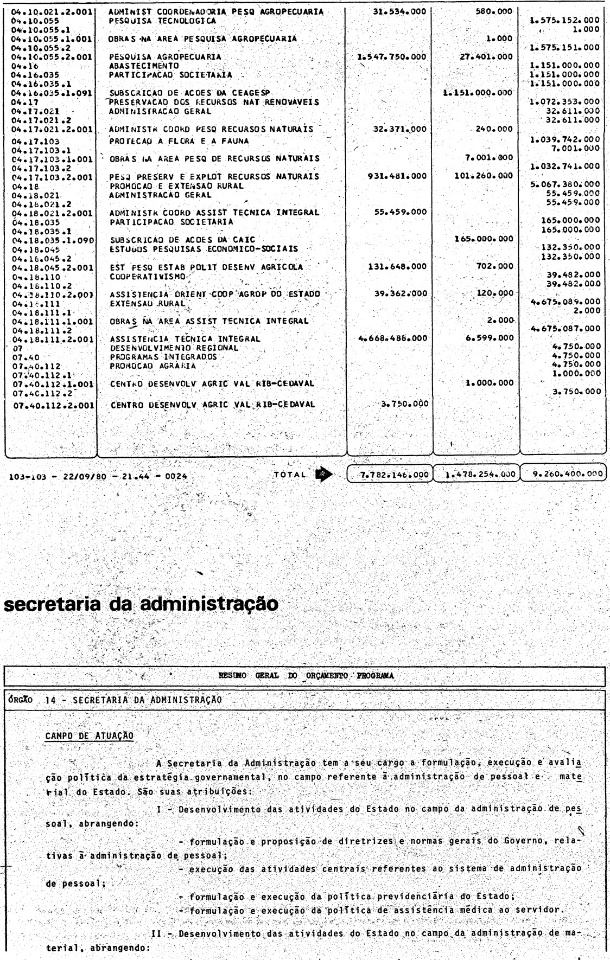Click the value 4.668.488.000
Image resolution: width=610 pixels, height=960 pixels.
(x=393, y=339)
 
